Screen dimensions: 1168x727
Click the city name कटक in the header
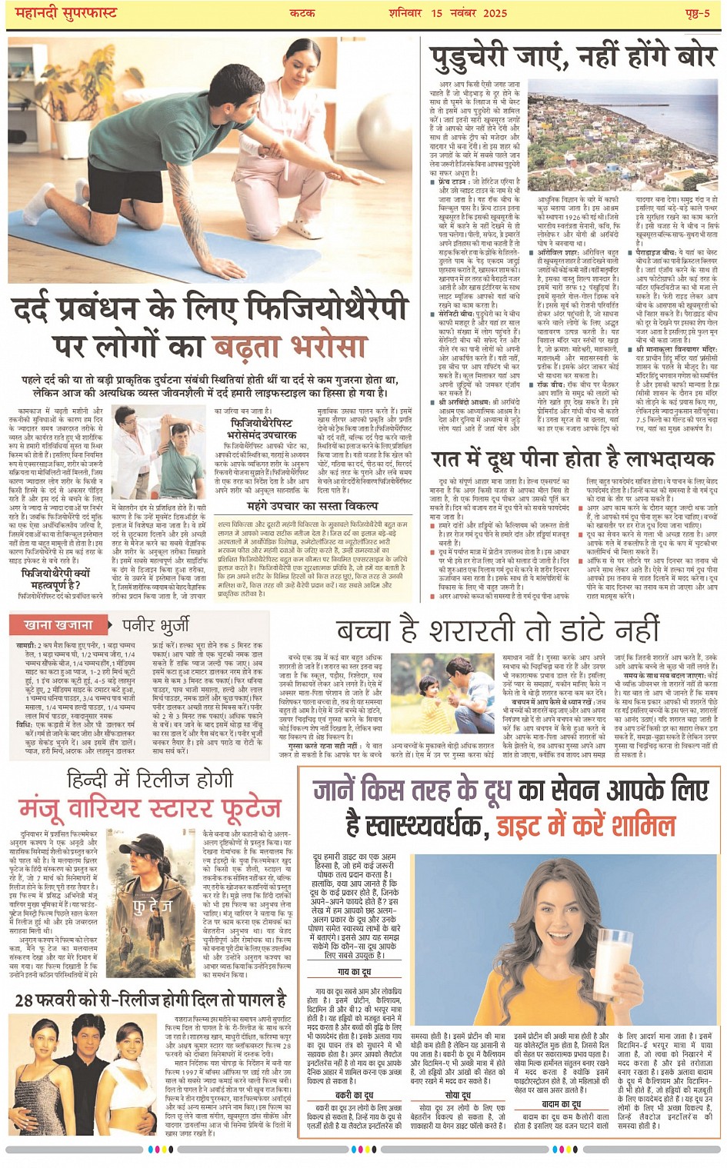[x=302, y=13]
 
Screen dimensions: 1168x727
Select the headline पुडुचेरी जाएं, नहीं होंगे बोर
[x=572, y=58]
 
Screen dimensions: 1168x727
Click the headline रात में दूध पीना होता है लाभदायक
[x=572, y=459]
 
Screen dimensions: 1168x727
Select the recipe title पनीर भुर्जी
[x=156, y=624]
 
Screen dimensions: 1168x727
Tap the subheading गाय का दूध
[x=355, y=972]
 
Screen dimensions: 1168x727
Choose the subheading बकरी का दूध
[x=354, y=1095]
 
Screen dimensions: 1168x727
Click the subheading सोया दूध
[x=458, y=1095]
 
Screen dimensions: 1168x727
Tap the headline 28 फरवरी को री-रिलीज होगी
[x=150, y=1000]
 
